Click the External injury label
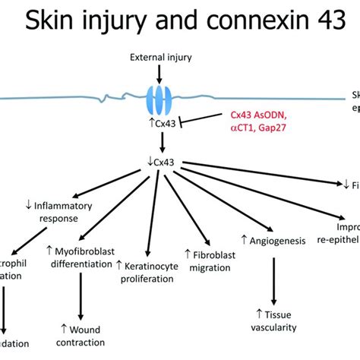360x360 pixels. click(159, 57)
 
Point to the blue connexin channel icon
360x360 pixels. click(159, 98)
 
